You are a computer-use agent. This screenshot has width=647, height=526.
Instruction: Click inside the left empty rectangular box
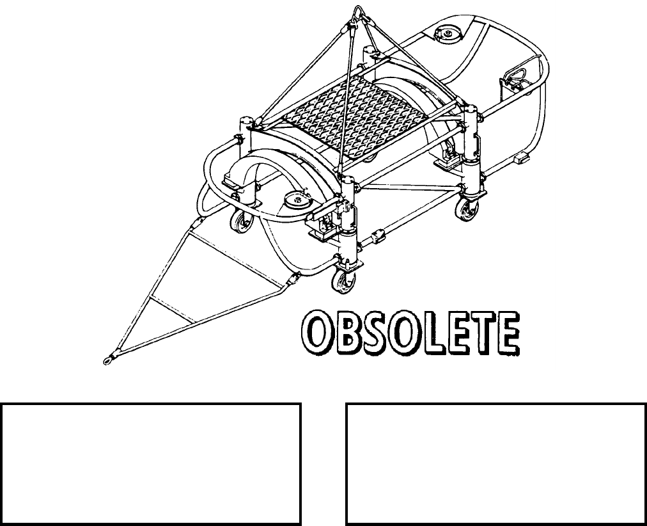click(x=150, y=463)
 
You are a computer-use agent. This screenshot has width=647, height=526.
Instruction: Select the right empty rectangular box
click(x=495, y=463)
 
